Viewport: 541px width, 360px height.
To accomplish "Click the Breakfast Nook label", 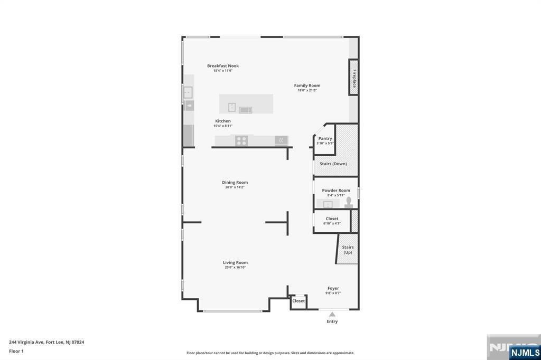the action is click(x=223, y=65).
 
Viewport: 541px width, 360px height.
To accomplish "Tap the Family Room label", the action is click(x=307, y=85).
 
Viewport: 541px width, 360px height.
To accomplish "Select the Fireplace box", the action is click(x=353, y=77).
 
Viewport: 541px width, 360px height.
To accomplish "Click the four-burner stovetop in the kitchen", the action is click(x=241, y=141).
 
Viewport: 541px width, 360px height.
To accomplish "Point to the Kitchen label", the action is click(x=223, y=121).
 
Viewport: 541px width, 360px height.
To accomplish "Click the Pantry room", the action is click(x=324, y=140).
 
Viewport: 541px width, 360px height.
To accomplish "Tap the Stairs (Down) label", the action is click(x=333, y=164).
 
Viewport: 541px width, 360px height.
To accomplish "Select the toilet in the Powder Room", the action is click(x=349, y=202).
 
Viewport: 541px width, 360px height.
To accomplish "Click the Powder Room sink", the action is click(x=328, y=204).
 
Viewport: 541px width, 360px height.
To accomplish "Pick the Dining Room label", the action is click(x=235, y=182).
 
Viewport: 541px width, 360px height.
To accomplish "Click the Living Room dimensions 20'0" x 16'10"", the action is click(x=235, y=267).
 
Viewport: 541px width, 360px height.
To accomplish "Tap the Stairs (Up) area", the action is click(x=348, y=249).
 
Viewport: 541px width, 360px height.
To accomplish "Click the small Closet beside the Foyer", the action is click(x=299, y=302).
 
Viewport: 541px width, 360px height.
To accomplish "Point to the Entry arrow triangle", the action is click(x=332, y=314).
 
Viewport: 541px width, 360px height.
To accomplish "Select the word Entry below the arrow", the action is click(x=332, y=321).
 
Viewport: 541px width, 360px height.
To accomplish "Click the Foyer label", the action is click(x=333, y=288).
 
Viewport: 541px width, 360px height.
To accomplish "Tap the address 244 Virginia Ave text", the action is click(x=26, y=342).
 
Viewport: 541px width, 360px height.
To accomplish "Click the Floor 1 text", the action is click(x=16, y=351).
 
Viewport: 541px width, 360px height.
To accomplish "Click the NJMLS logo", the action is click(x=525, y=353).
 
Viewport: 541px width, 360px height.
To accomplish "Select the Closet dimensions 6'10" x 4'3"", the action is click(x=332, y=223).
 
